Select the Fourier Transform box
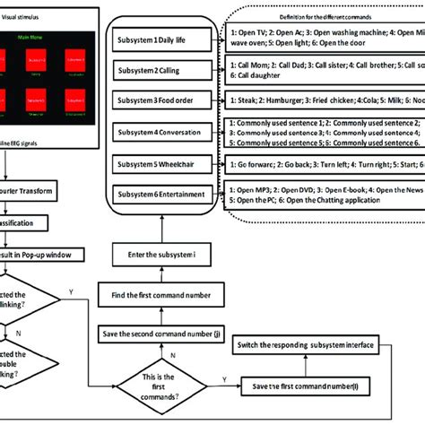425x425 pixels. (x=36, y=191)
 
